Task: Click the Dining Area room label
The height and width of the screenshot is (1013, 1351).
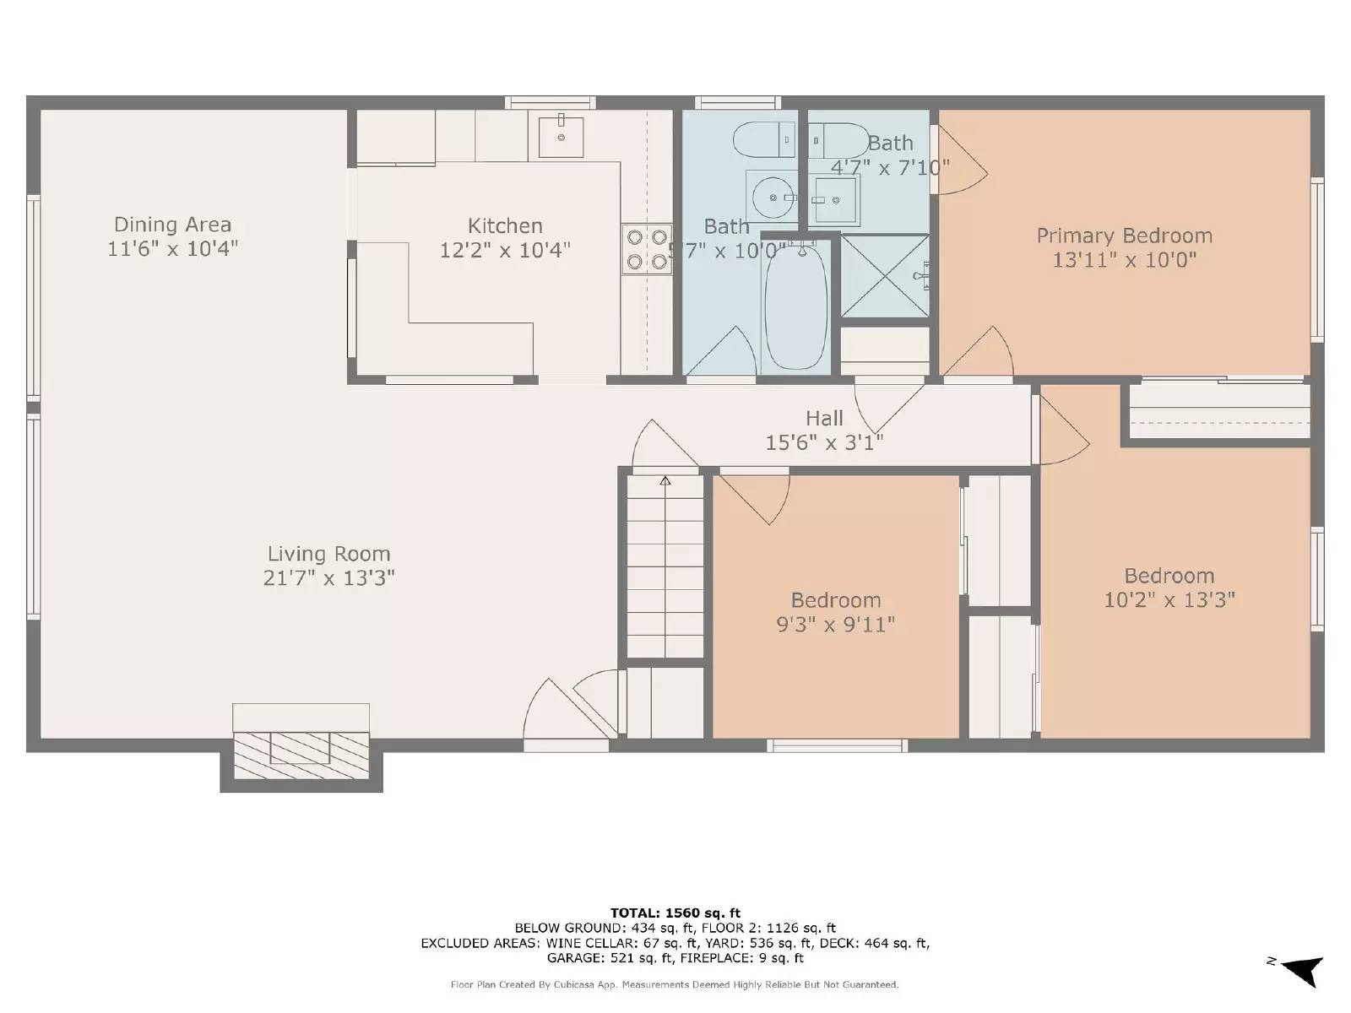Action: (172, 225)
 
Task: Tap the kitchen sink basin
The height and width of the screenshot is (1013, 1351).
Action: (561, 137)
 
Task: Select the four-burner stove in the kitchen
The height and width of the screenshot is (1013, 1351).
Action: (647, 249)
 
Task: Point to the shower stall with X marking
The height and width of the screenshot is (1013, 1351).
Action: (884, 276)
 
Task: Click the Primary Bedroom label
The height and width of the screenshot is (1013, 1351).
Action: (1124, 236)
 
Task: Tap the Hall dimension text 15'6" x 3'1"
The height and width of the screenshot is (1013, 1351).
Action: (823, 442)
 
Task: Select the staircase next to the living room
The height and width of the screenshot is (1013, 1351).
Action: (665, 566)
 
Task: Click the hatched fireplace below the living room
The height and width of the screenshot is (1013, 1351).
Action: (301, 754)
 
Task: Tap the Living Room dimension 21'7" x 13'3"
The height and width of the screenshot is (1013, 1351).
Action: (328, 578)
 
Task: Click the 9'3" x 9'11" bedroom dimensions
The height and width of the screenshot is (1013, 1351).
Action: (835, 625)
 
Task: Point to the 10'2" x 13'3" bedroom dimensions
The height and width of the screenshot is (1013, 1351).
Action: (1169, 600)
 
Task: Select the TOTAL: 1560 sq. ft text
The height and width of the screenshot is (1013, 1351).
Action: (675, 913)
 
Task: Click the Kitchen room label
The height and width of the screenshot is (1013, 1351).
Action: (505, 225)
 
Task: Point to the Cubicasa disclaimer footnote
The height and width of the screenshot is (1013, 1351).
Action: (675, 984)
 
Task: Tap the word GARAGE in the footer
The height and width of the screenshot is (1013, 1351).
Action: (575, 957)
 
